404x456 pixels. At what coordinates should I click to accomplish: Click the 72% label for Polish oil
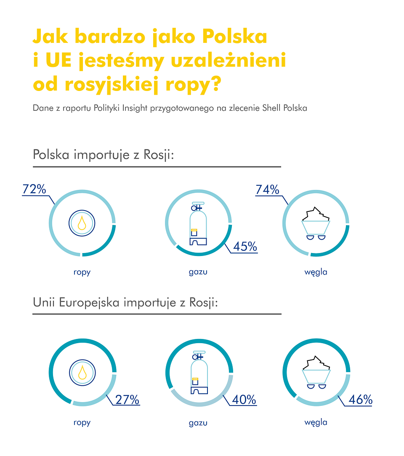point(34,189)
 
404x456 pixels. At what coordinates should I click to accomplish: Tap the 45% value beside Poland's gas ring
point(245,246)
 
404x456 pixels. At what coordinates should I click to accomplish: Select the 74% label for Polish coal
point(268,190)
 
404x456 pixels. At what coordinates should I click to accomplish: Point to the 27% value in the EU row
point(127,399)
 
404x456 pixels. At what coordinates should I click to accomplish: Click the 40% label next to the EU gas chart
point(244,399)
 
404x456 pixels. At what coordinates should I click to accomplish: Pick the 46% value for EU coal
point(361,399)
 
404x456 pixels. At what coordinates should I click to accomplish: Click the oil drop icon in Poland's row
point(82,222)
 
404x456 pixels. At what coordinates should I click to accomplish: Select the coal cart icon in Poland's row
point(316,224)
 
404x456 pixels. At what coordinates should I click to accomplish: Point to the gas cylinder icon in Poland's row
point(199,224)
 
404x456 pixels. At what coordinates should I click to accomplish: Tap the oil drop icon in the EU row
point(82,372)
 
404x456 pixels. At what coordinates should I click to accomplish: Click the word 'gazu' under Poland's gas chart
point(198,272)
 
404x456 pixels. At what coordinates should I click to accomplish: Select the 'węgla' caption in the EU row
point(316,422)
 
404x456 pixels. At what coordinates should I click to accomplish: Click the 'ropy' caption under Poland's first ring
point(82,272)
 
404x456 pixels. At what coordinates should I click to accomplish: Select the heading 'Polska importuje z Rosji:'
point(104,155)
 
